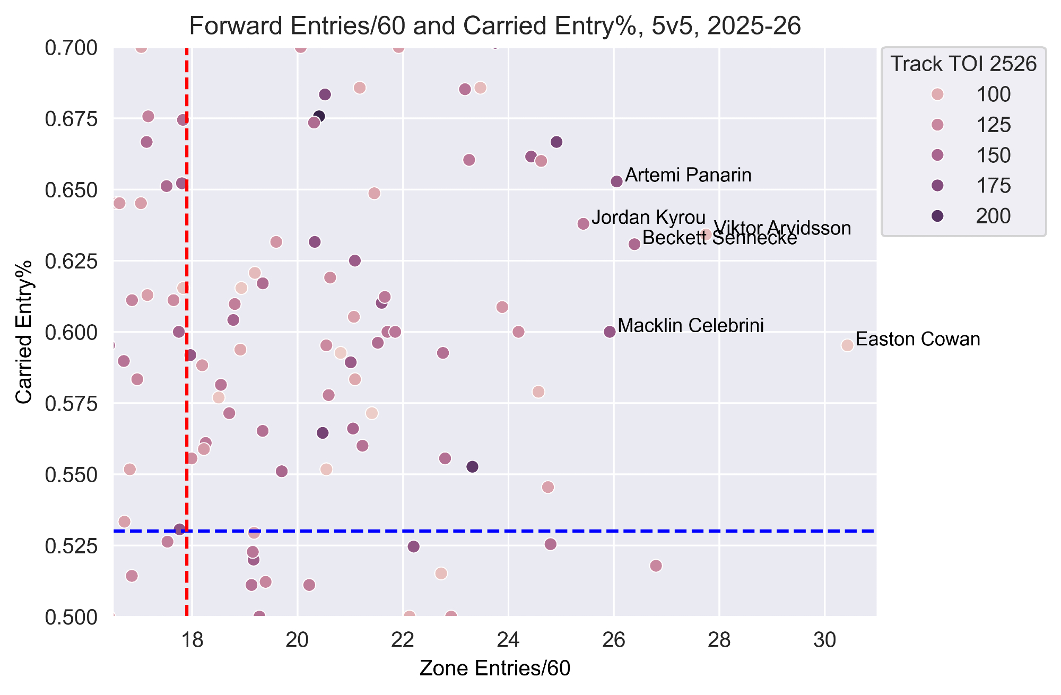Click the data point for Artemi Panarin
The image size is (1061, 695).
(x=616, y=181)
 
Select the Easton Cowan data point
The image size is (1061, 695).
(x=847, y=345)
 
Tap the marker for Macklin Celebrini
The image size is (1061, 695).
(x=610, y=332)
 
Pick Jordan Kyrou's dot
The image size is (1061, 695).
(x=583, y=224)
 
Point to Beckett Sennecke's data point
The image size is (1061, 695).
(x=634, y=244)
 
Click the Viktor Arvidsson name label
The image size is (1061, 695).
(x=782, y=228)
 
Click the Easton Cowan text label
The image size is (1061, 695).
(x=918, y=339)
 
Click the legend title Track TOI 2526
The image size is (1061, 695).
(x=963, y=64)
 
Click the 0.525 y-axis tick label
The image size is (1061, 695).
(x=72, y=546)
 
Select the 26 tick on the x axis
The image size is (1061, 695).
(x=614, y=640)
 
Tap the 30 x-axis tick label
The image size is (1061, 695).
(x=825, y=640)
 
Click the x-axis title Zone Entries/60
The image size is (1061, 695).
(x=494, y=668)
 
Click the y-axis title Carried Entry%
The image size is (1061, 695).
(x=24, y=332)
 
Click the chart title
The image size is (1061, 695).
(x=494, y=26)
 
